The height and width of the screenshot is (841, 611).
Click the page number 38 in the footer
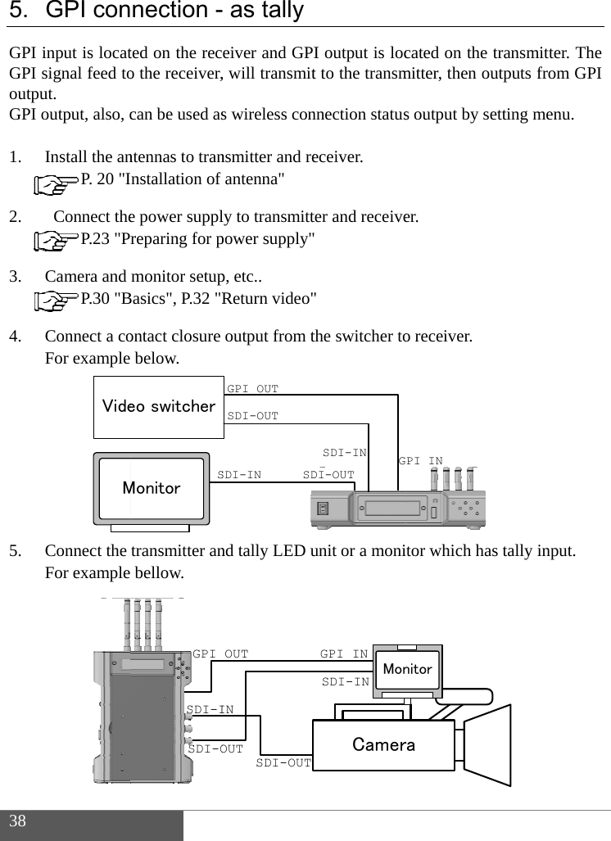click(x=18, y=821)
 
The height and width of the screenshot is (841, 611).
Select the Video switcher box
click(x=158, y=407)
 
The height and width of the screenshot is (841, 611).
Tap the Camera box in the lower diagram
click(x=383, y=744)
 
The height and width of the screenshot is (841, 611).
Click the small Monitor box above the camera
click(x=407, y=670)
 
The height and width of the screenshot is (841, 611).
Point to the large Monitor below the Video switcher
click(x=152, y=488)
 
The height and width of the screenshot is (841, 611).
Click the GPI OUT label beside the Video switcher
click(x=252, y=389)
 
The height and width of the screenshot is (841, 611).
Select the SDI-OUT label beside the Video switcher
click(x=252, y=416)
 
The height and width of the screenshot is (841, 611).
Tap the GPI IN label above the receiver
click(x=420, y=462)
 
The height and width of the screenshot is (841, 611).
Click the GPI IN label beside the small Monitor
click(x=344, y=654)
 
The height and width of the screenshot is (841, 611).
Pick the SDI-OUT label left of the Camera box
click(x=283, y=763)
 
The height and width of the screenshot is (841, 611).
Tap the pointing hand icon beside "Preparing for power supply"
click(x=59, y=241)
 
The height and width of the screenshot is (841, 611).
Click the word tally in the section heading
click(x=278, y=11)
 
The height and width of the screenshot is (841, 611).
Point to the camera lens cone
click(x=488, y=744)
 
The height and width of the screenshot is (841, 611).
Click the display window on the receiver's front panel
click(x=395, y=508)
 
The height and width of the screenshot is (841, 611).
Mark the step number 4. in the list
click(x=16, y=337)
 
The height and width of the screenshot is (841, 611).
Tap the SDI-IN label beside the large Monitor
click(x=239, y=475)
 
